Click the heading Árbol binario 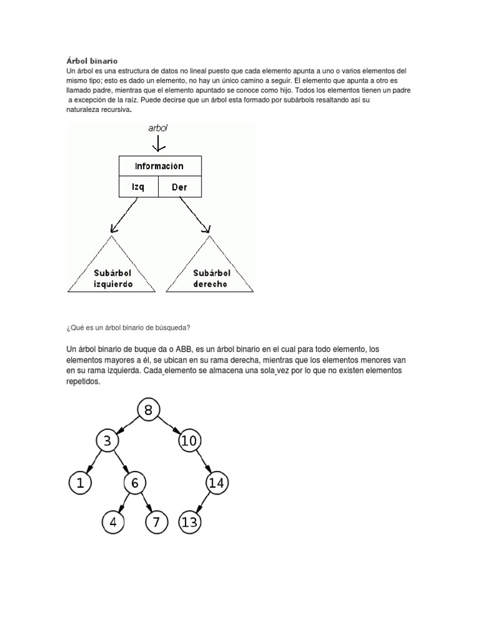click(91, 61)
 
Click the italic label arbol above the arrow click(158, 128)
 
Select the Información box click(160, 166)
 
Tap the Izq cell click(139, 187)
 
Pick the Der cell click(179, 187)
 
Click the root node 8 click(148, 410)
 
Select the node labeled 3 click(108, 441)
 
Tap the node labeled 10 click(189, 441)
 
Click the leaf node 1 click(80, 482)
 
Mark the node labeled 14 click(216, 482)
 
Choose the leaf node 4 click(113, 522)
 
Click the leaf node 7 click(156, 522)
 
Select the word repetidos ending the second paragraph click(83, 382)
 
